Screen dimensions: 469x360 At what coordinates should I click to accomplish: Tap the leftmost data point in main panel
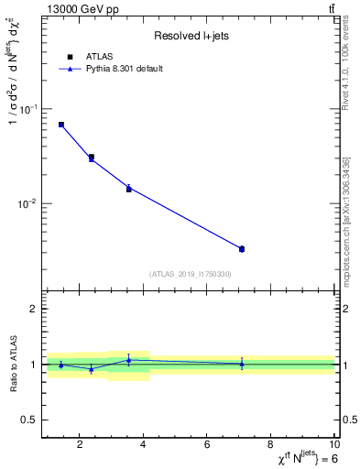click(x=61, y=125)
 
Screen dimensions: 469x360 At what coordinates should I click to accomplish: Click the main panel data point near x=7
click(x=242, y=249)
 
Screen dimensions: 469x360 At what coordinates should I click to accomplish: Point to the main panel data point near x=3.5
click(x=129, y=189)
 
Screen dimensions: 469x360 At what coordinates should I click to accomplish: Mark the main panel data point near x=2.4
click(x=92, y=158)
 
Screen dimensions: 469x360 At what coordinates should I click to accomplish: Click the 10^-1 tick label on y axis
click(x=29, y=109)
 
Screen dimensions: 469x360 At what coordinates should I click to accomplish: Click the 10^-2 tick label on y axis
click(x=29, y=203)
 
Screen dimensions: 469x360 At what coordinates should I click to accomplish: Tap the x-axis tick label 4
click(x=144, y=446)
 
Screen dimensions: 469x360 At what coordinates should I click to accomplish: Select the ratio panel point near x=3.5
click(x=129, y=360)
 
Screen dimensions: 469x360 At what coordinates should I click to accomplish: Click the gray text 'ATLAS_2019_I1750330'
click(x=191, y=274)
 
